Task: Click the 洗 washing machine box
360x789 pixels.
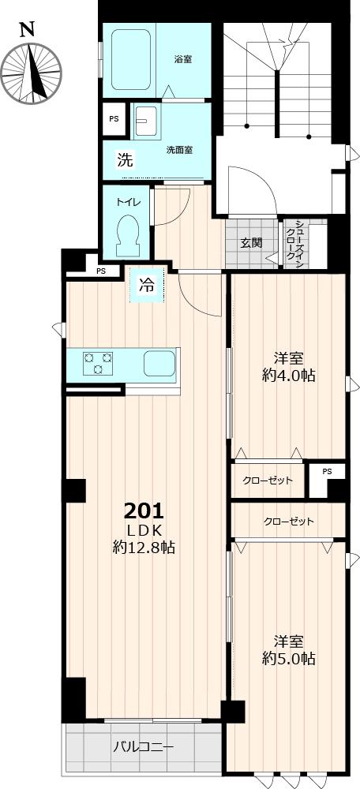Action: pos(125,159)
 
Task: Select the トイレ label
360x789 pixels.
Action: pos(129,201)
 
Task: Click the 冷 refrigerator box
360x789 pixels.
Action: pos(147,286)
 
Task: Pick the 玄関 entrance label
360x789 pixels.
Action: pos(252,243)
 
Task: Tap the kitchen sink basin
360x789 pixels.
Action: pos(160,364)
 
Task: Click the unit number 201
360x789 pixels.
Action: pos(144,509)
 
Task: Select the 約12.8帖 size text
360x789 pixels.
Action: pos(144,547)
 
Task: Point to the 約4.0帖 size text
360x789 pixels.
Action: pos(289,376)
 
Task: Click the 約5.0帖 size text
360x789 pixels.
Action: pos(289,658)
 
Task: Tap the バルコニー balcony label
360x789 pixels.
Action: pos(142,746)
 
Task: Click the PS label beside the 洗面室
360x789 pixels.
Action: pos(114,119)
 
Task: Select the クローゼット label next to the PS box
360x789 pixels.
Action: pos(268,481)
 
